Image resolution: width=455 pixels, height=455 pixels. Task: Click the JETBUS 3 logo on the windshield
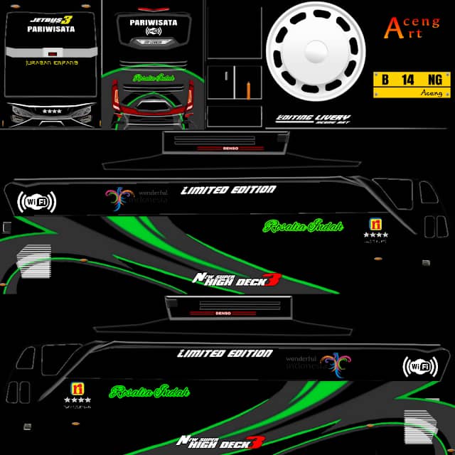coord(50,19)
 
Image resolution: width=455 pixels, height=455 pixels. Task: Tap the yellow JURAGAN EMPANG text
coord(51,63)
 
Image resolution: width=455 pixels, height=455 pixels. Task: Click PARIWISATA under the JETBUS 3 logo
coord(50,30)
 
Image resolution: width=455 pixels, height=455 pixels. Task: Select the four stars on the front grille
coord(51,111)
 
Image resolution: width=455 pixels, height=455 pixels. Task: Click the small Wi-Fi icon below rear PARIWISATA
coord(154,31)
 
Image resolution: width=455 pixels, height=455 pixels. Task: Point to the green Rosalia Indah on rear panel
coord(154,77)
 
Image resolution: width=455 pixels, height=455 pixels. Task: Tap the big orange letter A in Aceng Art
coord(392,28)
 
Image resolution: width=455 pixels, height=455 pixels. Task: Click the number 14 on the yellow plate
coord(407,80)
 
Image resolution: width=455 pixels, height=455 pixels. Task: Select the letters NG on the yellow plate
coord(435,80)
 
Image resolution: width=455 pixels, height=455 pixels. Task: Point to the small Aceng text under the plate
coord(432,92)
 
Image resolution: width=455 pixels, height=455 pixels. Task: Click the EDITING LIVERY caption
coord(313,117)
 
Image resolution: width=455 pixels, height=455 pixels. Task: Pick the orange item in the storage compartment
coord(247,90)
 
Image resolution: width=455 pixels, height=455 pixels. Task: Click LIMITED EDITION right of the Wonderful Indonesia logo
coord(228,190)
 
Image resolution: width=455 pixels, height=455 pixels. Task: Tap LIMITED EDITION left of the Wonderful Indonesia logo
coord(225,353)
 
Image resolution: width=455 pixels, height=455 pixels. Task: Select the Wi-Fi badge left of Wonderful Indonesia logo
coord(36,202)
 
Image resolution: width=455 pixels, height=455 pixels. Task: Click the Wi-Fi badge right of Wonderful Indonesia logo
coord(419,367)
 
